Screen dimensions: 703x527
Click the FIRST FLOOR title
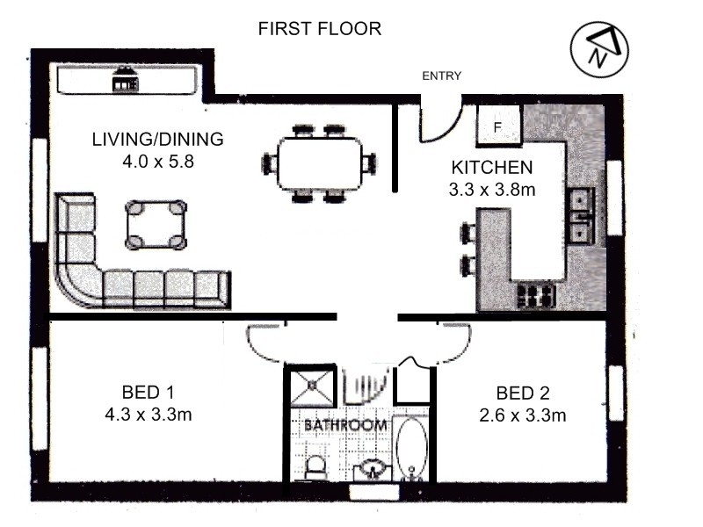tap(320, 29)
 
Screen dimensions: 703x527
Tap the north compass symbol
tap(599, 48)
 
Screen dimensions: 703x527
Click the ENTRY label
tap(442, 76)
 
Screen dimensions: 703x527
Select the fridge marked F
tap(498, 126)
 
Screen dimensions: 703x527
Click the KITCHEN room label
tap(492, 168)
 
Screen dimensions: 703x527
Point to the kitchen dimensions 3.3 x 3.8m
tap(492, 190)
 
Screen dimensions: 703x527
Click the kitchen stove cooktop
tap(537, 295)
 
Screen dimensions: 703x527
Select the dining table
tap(320, 164)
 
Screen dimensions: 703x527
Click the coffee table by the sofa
tap(156, 225)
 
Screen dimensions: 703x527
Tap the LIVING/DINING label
tap(158, 140)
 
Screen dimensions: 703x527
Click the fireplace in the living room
tap(125, 79)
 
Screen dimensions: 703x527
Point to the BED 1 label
tap(148, 393)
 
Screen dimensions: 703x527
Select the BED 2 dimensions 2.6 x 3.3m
tap(523, 415)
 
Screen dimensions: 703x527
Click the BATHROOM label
tap(345, 425)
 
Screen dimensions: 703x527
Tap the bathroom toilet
tap(315, 468)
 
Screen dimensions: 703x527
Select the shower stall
tap(313, 385)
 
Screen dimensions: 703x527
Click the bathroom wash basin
tap(372, 469)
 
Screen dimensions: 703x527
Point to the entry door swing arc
tap(448, 130)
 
